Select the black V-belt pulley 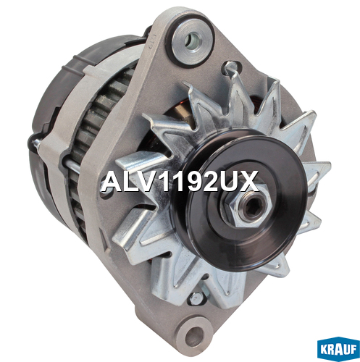click(x=241, y=201)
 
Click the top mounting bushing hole click(x=193, y=41)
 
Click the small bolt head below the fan click(x=196, y=299)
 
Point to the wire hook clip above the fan click(x=230, y=70)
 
